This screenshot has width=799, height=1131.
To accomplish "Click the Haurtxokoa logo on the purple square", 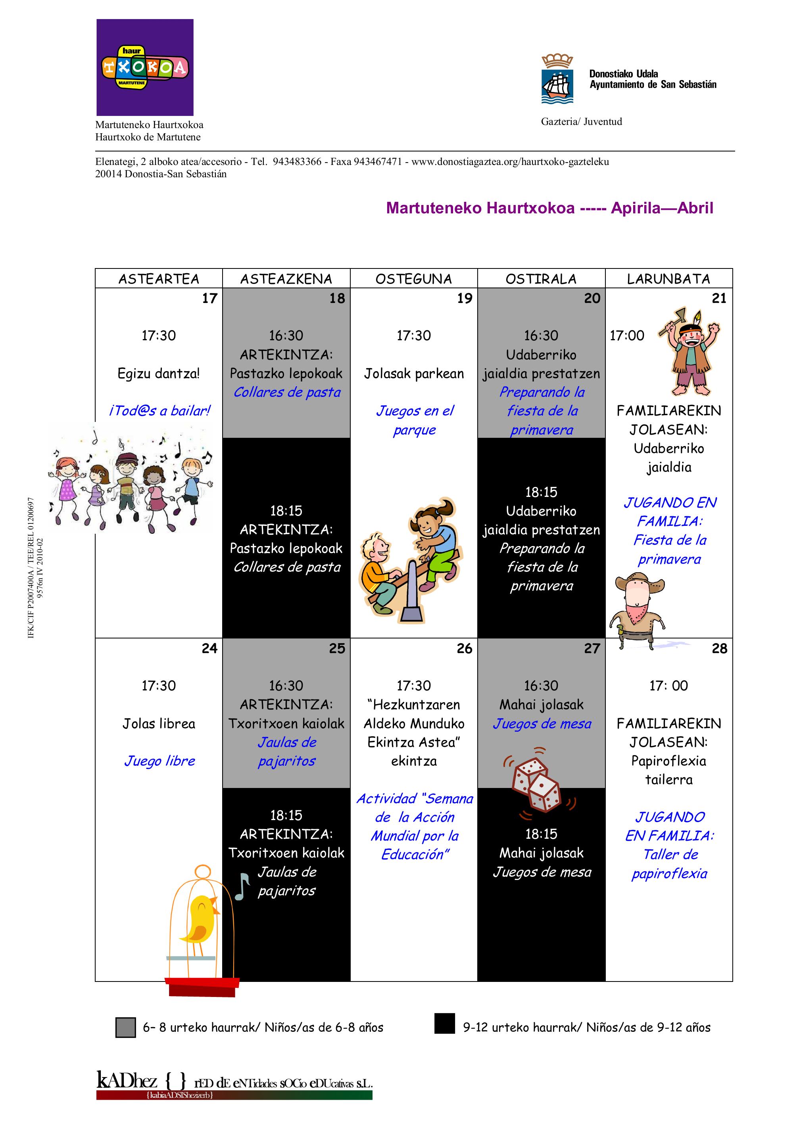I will tap(144, 67).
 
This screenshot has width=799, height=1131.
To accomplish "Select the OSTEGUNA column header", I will tap(413, 279).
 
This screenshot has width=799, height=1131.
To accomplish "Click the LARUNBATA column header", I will tap(668, 279).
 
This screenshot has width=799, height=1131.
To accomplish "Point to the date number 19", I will tap(464, 299).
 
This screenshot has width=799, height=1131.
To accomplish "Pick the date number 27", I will tap(592, 648).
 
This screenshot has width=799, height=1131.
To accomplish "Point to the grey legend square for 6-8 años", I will tap(125, 1027).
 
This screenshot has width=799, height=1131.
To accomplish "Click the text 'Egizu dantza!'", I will tap(159, 374).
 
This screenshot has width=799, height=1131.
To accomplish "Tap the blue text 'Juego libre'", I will tap(159, 761).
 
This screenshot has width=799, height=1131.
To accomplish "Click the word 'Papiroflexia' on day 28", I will tap(668, 761).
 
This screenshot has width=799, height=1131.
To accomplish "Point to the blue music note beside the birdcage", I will tap(242, 886).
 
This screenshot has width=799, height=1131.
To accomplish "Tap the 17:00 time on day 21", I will tap(627, 335).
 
